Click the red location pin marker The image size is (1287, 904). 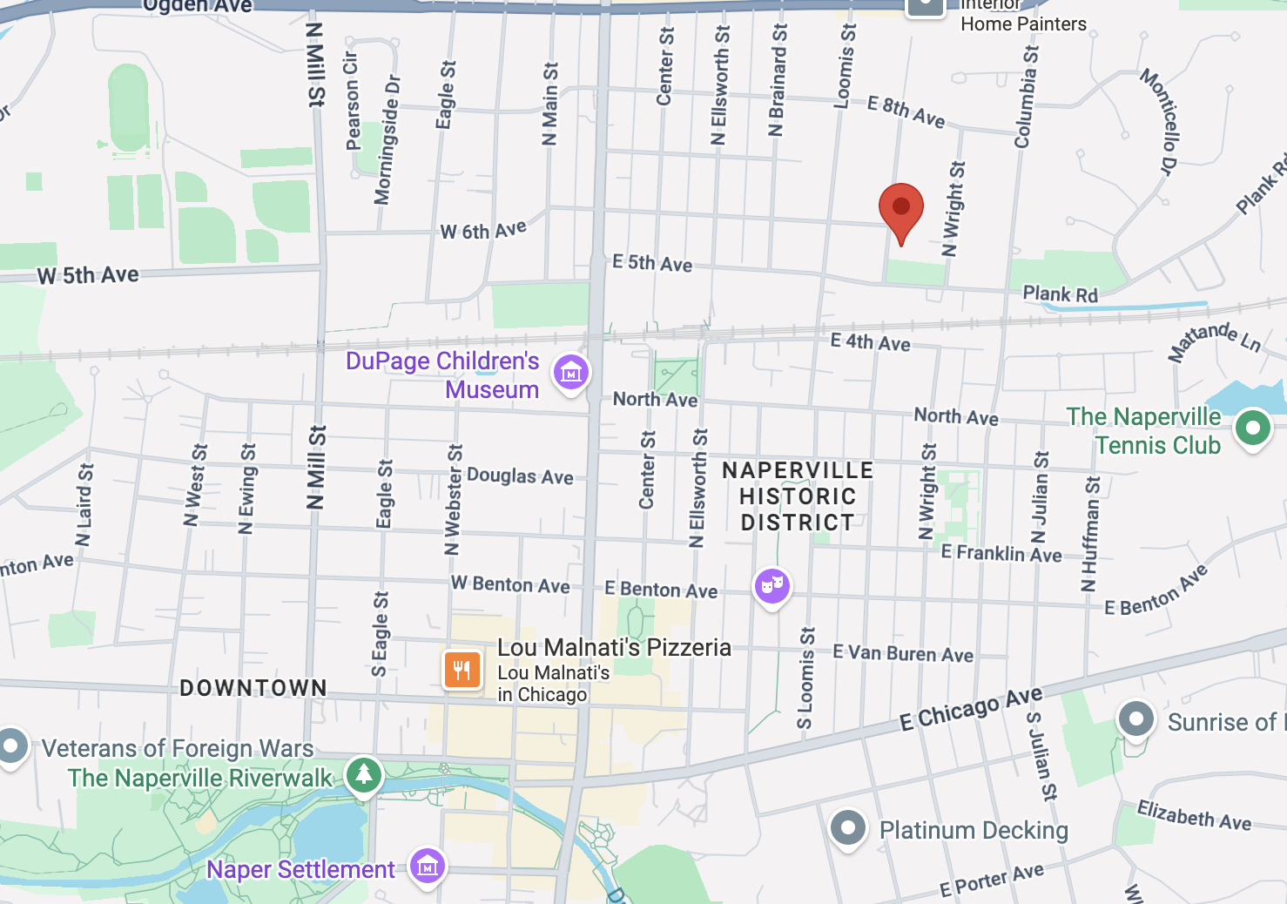900,210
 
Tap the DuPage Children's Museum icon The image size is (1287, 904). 571,374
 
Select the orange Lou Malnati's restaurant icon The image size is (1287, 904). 462,670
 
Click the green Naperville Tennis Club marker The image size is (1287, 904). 1252,428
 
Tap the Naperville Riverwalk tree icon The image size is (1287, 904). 364,773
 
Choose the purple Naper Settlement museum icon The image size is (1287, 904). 427,867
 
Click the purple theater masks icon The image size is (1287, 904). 772,585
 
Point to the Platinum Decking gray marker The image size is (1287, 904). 847,827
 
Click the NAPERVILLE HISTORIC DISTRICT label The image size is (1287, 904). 798,496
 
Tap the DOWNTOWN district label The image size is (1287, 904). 253,688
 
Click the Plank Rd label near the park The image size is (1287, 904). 1060,294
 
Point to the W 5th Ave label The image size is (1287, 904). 88,275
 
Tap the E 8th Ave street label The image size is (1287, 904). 906,111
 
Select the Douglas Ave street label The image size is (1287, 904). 520,476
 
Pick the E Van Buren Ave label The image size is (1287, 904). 902,653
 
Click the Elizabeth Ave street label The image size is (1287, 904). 1194,816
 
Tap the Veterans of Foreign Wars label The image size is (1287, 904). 178,748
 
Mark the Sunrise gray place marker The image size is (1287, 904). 1135,719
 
